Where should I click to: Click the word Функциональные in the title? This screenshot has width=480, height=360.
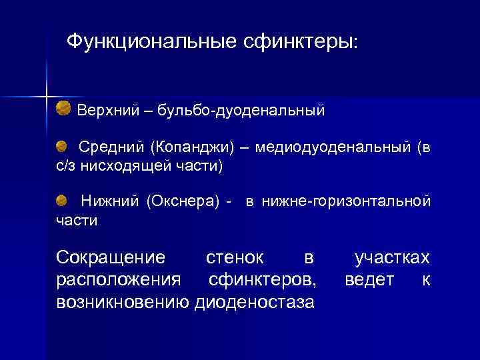[x=146, y=42]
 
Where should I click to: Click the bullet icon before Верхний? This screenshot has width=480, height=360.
[x=63, y=107]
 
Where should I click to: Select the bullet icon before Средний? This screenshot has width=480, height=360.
[x=61, y=145]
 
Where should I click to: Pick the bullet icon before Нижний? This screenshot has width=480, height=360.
[x=61, y=199]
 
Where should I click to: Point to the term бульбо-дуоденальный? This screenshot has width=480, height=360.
[x=242, y=109]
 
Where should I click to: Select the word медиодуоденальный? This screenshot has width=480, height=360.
[x=333, y=147]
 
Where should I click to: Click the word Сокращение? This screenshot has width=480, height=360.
[x=110, y=258]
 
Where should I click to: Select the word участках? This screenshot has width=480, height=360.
[x=392, y=258]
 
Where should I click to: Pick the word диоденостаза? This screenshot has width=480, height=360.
[x=254, y=302]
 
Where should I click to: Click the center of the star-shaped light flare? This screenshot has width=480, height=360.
[x=47, y=96]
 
